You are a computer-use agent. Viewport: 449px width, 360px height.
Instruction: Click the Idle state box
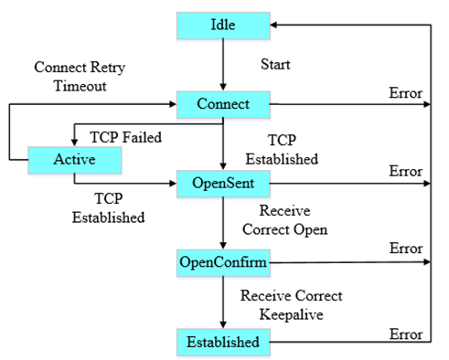coord(223,25)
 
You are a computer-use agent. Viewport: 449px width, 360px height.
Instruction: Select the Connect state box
coord(223,104)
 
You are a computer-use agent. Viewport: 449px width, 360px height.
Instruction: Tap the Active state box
coord(75,160)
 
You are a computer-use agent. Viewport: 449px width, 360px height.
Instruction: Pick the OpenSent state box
coord(223,184)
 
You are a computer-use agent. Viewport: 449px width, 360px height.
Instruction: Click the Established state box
coord(223,343)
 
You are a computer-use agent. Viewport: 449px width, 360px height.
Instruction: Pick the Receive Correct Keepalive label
coord(291,303)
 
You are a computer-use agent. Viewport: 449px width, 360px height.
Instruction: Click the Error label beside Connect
coord(405,93)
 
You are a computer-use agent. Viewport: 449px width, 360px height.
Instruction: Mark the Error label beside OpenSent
coord(405,171)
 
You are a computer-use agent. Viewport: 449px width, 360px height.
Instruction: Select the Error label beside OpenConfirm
coord(405,249)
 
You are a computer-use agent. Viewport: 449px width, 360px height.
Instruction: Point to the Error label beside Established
coord(405,329)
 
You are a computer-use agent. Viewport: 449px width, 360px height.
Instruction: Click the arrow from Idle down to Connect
coord(223,64)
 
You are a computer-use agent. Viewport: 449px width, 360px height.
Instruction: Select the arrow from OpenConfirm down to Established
coord(223,302)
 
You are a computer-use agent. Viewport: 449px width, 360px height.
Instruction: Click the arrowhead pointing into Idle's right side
coord(278,25)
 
